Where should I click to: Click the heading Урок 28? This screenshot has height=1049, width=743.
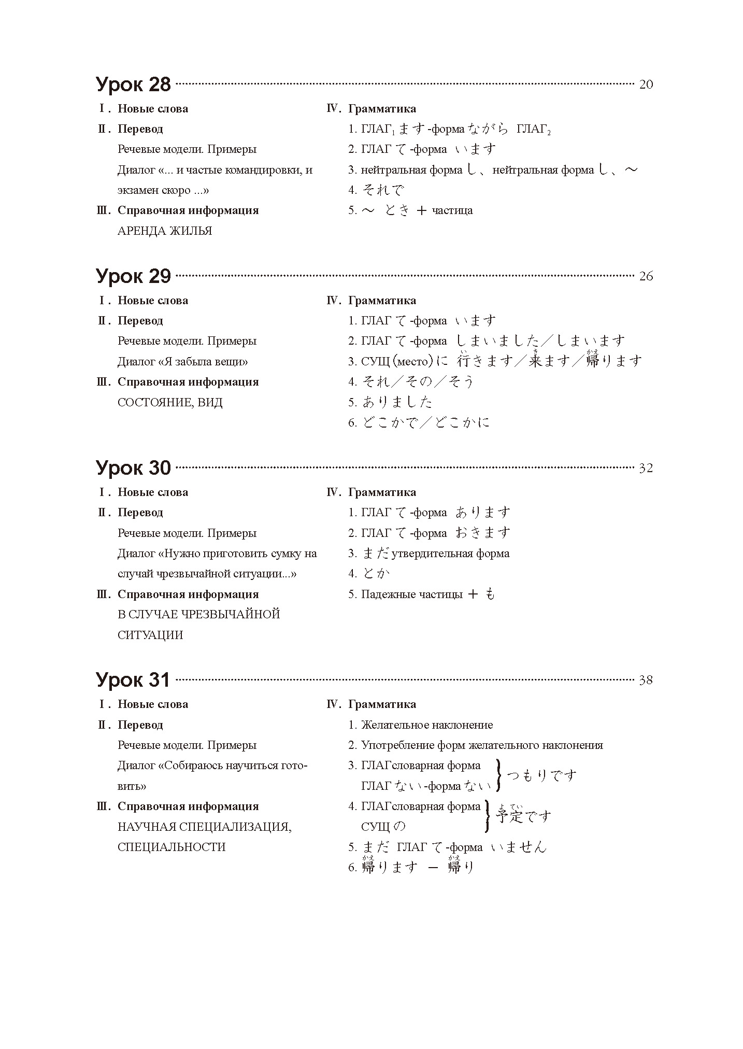pos(133,84)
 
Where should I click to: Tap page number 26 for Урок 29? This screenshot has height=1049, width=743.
pos(646,276)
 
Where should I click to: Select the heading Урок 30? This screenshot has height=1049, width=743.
pos(133,467)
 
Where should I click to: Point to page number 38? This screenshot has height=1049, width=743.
pos(646,680)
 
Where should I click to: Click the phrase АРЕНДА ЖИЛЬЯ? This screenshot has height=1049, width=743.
pos(165,231)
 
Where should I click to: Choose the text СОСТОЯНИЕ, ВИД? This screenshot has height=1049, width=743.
pos(170,403)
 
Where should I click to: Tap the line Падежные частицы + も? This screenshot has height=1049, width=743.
pos(421,594)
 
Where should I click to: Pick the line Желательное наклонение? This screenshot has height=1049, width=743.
pos(426,725)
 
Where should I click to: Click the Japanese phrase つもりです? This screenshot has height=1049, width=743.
pos(541,776)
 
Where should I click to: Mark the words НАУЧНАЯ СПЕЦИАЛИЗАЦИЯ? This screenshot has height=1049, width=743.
pos(204,827)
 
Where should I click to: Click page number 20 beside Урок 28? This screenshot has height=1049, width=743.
pos(646,84)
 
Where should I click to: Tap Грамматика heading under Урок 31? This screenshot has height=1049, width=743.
pos(382,704)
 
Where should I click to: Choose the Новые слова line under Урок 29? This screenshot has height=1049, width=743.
pos(153,301)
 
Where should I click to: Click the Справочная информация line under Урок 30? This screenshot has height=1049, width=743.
pos(188,594)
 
